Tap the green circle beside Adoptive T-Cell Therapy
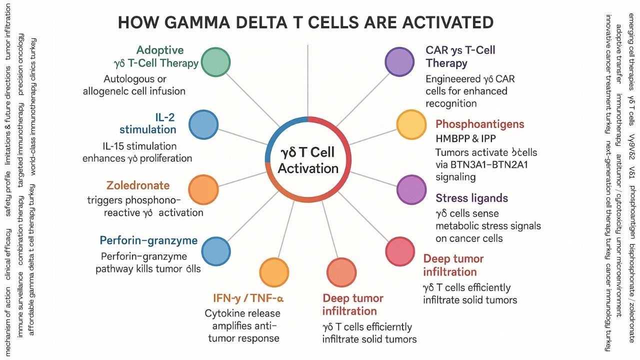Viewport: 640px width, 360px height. [216, 62]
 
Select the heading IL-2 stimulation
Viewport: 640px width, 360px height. [148, 123]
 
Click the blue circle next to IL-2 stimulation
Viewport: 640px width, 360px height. [204, 124]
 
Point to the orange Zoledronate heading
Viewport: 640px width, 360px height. [138, 185]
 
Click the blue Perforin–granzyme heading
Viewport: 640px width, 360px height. [148, 240]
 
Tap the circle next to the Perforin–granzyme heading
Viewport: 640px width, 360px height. [215, 251]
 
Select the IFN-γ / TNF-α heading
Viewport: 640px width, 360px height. [248, 299]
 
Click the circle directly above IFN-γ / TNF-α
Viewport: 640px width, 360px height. [274, 272]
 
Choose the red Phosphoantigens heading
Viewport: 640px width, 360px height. [479, 124]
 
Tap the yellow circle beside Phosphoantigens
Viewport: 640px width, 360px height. [411, 124]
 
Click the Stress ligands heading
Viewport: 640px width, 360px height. [471, 198]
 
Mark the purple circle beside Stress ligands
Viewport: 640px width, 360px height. [411, 190]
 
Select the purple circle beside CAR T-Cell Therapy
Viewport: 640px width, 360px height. [399, 62]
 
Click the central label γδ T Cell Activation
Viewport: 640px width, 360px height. [308, 160]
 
